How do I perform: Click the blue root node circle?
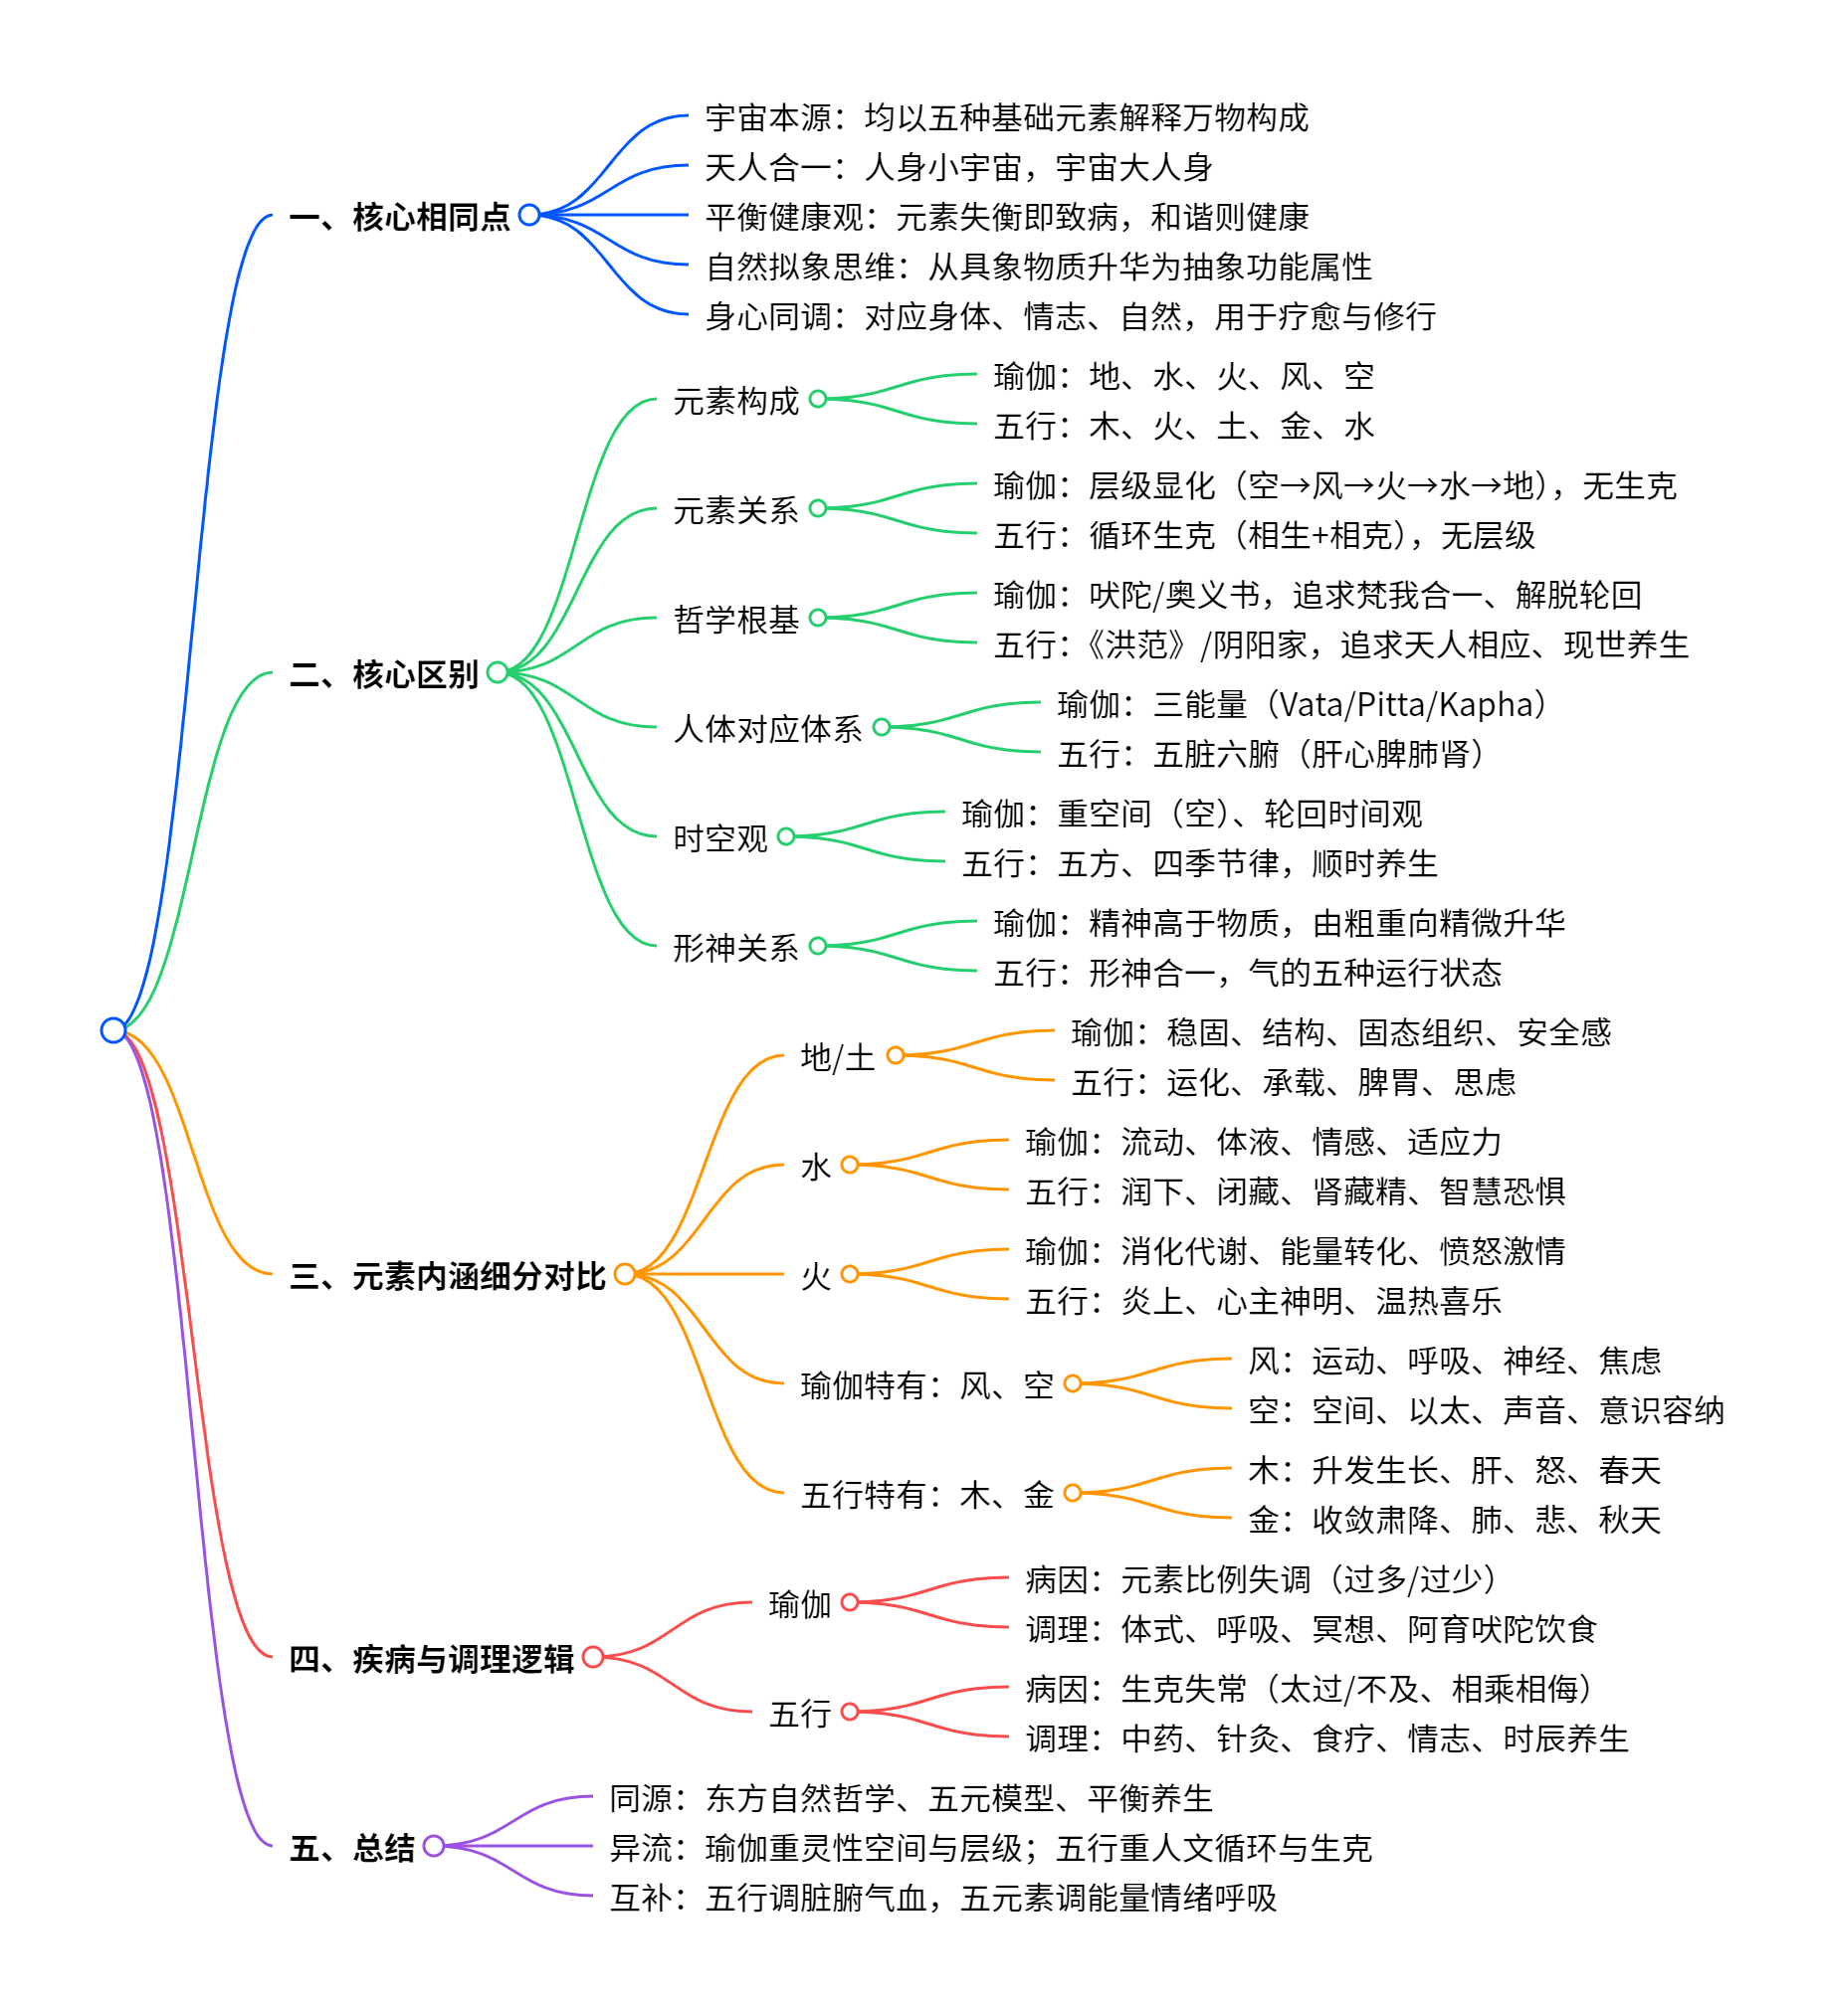click(112, 1029)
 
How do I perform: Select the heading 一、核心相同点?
click(399, 217)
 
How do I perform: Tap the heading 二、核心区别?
click(383, 674)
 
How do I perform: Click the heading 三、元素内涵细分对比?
click(447, 1276)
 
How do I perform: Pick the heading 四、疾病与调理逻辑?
click(431, 1659)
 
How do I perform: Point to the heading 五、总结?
click(351, 1848)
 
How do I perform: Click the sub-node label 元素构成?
click(735, 401)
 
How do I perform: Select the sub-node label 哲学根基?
click(735, 620)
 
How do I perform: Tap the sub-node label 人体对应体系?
click(767, 729)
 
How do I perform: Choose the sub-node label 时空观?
click(719, 837)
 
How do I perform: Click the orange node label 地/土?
click(837, 1057)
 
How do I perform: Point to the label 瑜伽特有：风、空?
click(926, 1385)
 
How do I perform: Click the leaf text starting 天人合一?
click(958, 167)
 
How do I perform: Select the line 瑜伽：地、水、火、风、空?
click(1183, 377)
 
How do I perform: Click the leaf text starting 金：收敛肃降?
click(1454, 1521)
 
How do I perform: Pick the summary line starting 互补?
click(942, 1898)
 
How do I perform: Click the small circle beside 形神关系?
click(818, 946)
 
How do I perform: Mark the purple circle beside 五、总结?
click(433, 1846)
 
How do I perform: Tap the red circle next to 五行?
click(850, 1712)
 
